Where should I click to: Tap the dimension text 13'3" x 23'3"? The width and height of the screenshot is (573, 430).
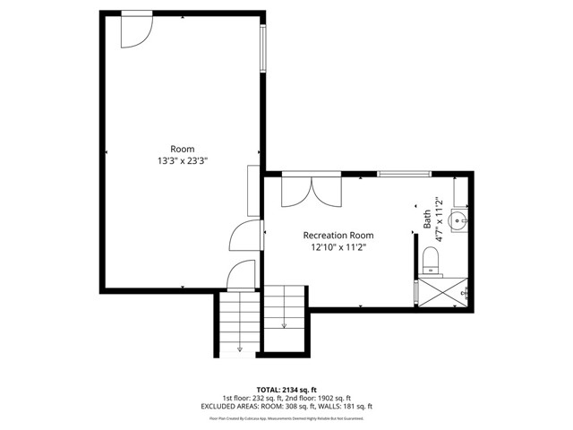pos(182,161)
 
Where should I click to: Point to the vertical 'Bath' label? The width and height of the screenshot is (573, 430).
pos(427,219)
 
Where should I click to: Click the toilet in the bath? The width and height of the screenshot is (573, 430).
pos(431,261)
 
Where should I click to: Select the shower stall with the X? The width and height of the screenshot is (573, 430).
pos(441,293)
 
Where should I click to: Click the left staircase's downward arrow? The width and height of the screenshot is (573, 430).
pos(240,348)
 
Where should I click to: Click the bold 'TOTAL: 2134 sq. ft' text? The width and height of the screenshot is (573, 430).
pos(286,390)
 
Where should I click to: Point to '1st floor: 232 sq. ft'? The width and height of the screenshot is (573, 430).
pos(254,398)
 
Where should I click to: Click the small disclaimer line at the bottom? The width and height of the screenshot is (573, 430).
pos(286,417)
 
